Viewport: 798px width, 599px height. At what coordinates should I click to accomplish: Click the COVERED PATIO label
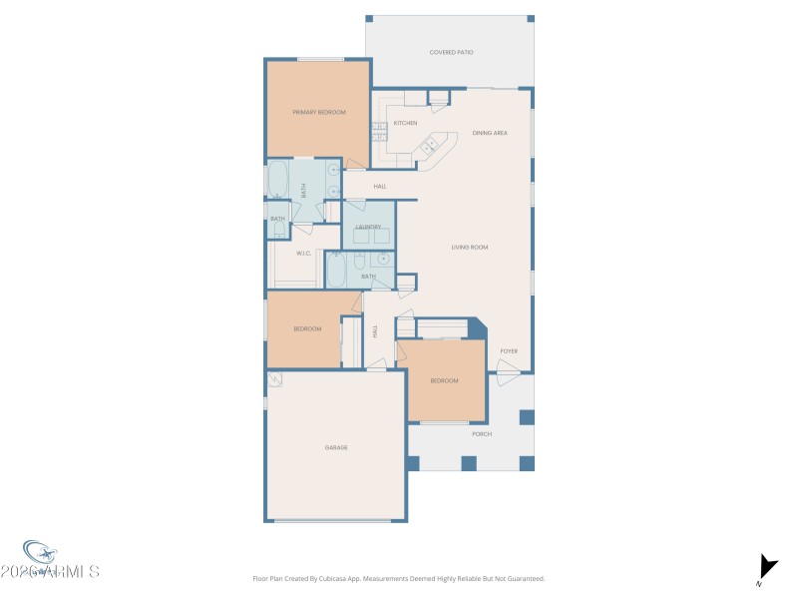[x=451, y=52]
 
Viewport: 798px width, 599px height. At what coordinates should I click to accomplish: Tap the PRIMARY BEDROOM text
[x=319, y=112]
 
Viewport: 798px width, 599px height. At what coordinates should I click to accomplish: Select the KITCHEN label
[x=405, y=123]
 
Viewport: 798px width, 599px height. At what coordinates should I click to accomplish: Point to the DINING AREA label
[x=490, y=133]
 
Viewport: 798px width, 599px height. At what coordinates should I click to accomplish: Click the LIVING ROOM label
[x=470, y=247]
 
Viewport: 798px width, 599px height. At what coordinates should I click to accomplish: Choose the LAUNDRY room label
[x=368, y=227]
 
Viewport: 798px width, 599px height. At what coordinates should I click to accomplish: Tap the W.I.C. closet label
[x=304, y=253]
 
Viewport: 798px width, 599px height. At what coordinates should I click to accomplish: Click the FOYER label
[x=509, y=350]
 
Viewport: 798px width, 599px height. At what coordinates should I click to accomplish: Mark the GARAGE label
[x=336, y=447]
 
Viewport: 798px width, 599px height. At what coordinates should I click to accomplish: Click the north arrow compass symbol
[x=767, y=566]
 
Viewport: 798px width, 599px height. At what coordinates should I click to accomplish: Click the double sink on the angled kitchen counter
[x=430, y=148]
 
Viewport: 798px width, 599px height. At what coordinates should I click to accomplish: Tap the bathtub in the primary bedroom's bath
[x=277, y=181]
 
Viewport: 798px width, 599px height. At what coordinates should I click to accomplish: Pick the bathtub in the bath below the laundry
[x=336, y=270]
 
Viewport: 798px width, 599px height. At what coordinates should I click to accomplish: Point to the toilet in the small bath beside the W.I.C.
[x=278, y=229]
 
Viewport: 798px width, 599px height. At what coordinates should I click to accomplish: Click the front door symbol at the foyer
[x=508, y=375]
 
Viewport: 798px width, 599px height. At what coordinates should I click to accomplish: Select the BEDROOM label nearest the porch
[x=444, y=380]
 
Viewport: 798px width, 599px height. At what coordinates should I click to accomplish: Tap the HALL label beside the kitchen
[x=380, y=187]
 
